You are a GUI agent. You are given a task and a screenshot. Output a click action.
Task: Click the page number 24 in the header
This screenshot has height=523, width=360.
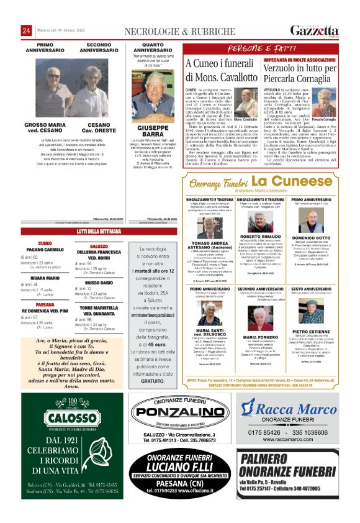pyautogui.click(x=27, y=31)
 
